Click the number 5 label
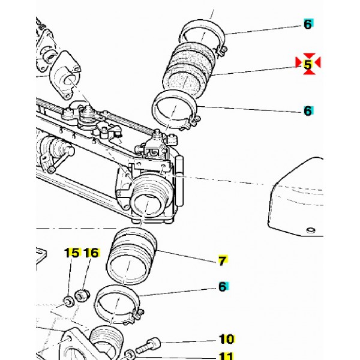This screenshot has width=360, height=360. (x=308, y=63)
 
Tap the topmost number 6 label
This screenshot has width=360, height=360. (x=308, y=25)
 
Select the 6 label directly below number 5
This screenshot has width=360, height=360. (x=308, y=111)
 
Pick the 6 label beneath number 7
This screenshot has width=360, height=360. (x=222, y=287)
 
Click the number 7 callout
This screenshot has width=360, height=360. (x=221, y=261)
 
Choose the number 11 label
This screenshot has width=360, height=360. (x=226, y=356)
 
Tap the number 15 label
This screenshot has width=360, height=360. (x=72, y=253)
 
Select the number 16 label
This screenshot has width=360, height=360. (x=91, y=253)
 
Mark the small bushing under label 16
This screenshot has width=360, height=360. (x=83, y=295)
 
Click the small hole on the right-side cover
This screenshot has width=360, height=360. (x=310, y=230)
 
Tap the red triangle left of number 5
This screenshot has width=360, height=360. (x=298, y=62)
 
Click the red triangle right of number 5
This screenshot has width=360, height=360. (x=318, y=62)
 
